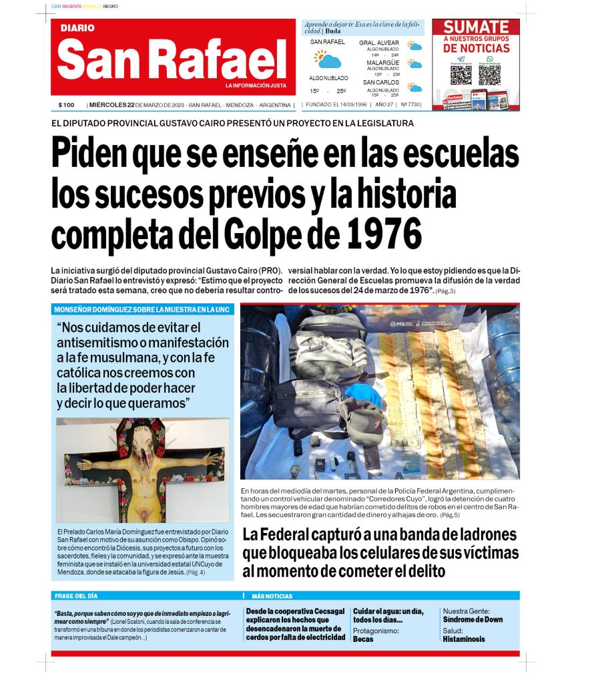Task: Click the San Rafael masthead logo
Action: click(172, 59)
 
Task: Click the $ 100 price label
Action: click(66, 105)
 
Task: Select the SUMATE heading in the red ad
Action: click(476, 27)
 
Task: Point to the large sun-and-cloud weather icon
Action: click(328, 59)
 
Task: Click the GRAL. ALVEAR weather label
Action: click(378, 43)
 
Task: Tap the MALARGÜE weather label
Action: click(382, 63)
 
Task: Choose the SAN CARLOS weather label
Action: click(381, 82)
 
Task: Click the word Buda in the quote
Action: click(333, 31)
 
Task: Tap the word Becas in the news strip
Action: click(363, 639)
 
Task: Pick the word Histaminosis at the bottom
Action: click(465, 639)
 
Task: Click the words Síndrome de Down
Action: click(473, 620)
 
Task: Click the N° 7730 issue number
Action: click(411, 105)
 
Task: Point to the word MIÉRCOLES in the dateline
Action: click(109, 105)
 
